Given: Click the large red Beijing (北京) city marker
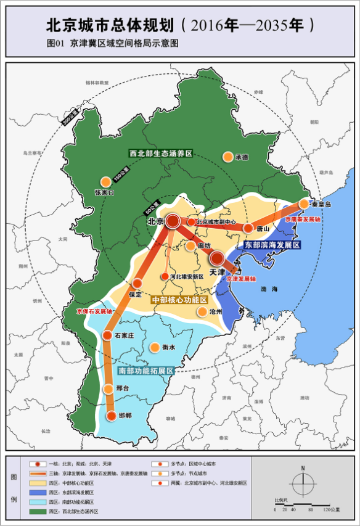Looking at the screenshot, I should pos(173,221).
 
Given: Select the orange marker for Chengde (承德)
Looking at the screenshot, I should pos(228,157).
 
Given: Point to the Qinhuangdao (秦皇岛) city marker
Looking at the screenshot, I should pos(304,203).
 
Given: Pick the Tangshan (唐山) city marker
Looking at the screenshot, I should pos(248,228).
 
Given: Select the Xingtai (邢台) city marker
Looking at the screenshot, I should pos(110,388).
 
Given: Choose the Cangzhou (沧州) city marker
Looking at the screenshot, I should pos(202,312).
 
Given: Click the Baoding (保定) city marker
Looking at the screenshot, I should pos(137,284).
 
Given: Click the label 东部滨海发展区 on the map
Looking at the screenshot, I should pos(272,245).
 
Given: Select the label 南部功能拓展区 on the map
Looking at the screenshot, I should pos(145,371).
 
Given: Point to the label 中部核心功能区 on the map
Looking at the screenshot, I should pos(179,299).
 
